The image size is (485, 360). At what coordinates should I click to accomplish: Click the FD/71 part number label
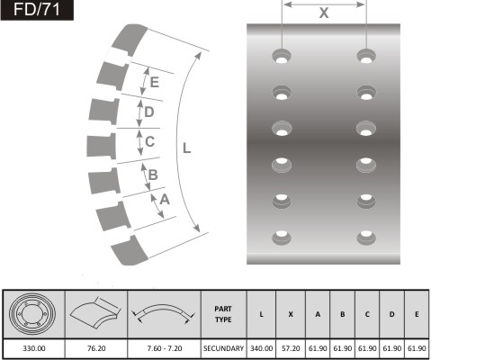37,10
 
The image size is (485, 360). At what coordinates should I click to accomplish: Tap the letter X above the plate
324,13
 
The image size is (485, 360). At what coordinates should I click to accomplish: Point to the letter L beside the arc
187,148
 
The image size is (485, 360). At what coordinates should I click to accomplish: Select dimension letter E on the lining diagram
155,82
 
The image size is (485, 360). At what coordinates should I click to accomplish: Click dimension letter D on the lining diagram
149,112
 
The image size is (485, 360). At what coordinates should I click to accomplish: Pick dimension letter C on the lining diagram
149,141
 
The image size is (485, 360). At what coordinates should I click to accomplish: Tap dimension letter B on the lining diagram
153,175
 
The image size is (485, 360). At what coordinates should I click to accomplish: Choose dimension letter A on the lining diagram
165,200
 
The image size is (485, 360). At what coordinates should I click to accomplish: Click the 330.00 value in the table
34,348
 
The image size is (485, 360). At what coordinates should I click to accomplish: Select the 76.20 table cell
96,348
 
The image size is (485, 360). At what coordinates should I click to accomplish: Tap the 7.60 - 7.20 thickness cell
165,348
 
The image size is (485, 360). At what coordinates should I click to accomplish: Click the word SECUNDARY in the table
224,348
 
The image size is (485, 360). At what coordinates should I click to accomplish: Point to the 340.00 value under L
261,348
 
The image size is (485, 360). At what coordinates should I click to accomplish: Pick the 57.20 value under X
291,348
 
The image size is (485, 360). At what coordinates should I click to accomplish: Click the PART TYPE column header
223,314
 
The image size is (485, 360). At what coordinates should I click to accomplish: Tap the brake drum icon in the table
32,314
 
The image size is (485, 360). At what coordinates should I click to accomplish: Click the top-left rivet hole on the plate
282,57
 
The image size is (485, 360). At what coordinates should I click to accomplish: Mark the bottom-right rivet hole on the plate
366,238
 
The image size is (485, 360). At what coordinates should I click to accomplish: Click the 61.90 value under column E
417,348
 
